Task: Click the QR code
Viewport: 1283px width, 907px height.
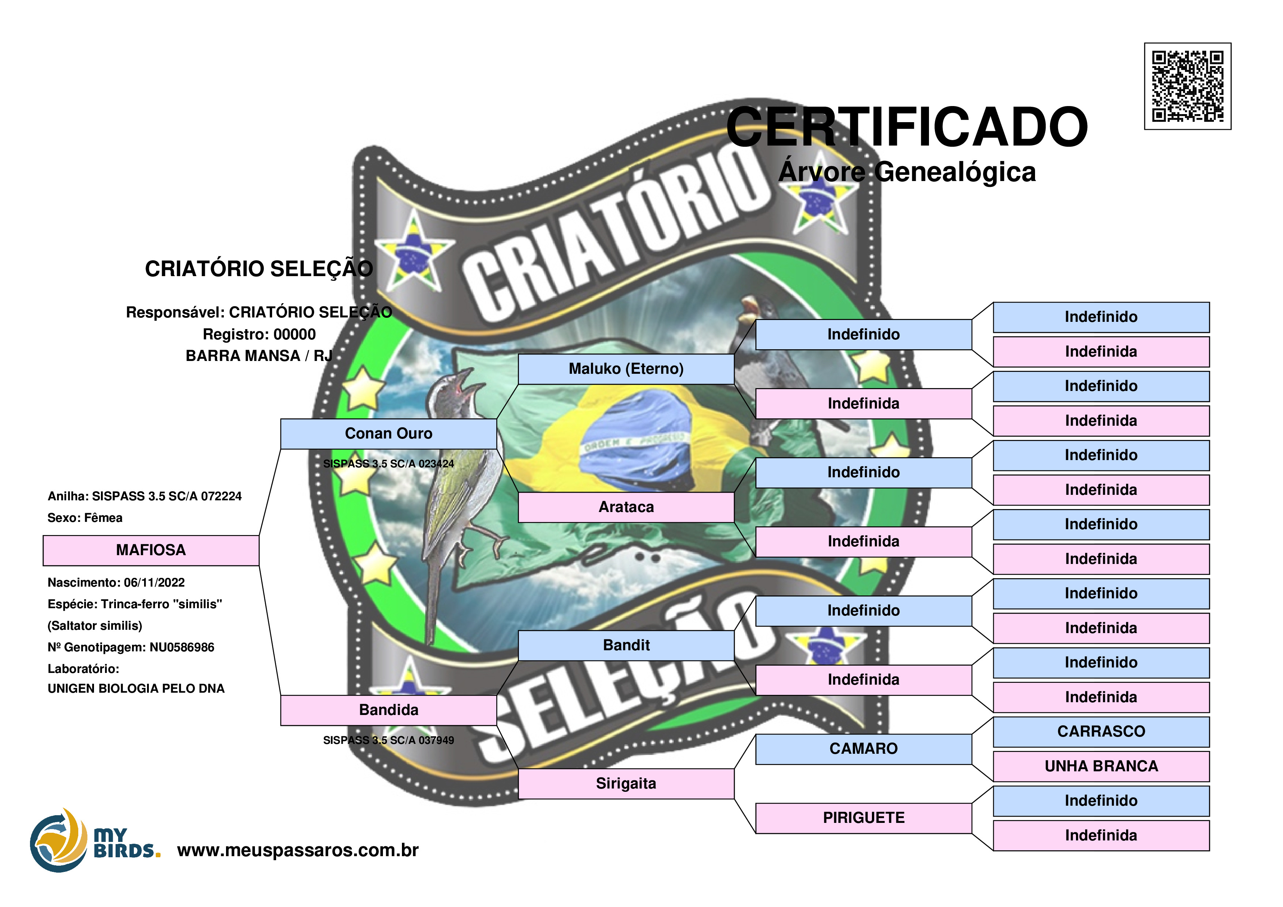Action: [x=1188, y=86]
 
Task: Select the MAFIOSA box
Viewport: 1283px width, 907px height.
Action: [x=151, y=550]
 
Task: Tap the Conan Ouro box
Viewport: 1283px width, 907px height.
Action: [x=388, y=434]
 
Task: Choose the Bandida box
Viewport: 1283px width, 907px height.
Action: [x=388, y=710]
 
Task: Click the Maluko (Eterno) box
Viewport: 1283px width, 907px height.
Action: [x=626, y=369]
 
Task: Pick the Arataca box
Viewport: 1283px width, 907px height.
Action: [x=626, y=507]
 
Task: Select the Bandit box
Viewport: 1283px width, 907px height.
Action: [x=626, y=646]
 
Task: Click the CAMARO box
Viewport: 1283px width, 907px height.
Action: [x=864, y=749]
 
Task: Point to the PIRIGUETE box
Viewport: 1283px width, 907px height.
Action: [x=864, y=818]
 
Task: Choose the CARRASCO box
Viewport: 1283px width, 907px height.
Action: [x=1101, y=731]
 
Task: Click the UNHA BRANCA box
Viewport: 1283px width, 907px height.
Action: [x=1101, y=766]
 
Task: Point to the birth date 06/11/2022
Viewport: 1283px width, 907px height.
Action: [x=154, y=583]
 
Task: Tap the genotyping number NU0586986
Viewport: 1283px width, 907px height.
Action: [x=182, y=648]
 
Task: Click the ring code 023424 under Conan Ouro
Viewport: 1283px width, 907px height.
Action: [x=436, y=464]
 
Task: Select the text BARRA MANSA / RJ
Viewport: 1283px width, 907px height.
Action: [x=259, y=356]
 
